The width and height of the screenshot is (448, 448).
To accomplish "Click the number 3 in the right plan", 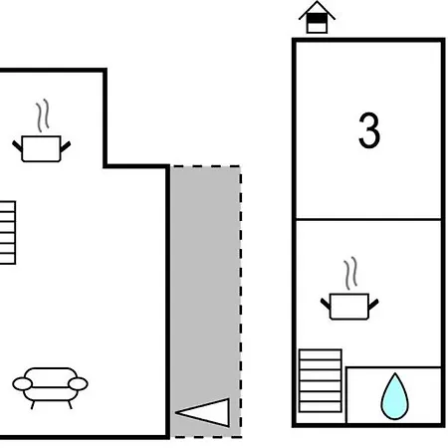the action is [369, 130].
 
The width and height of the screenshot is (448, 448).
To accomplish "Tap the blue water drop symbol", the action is [394, 396].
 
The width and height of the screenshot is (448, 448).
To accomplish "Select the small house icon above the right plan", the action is [317, 17].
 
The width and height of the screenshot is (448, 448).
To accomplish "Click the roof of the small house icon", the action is [317, 9].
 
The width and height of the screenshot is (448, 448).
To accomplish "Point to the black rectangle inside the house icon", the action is [317, 19].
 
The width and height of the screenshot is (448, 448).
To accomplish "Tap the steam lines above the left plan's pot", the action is [43, 115].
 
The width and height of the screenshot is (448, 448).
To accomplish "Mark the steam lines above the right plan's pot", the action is [350, 273].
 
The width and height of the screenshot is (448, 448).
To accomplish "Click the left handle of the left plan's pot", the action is [17, 146].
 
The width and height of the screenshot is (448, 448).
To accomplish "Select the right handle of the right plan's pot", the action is [373, 304].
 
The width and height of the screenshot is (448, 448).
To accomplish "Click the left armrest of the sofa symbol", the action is [22, 384].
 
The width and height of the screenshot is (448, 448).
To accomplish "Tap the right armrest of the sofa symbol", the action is [78, 384].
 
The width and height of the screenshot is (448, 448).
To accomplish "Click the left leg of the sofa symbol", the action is [33, 405].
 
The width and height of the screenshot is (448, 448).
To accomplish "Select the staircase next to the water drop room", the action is [321, 380].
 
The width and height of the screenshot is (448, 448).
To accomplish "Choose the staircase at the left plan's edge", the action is [7, 233].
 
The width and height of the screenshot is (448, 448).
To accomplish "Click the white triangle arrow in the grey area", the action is [202, 412].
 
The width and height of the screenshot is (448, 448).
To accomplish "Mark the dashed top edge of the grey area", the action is [206, 166].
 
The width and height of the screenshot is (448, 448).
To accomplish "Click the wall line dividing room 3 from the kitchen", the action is [368, 219].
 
